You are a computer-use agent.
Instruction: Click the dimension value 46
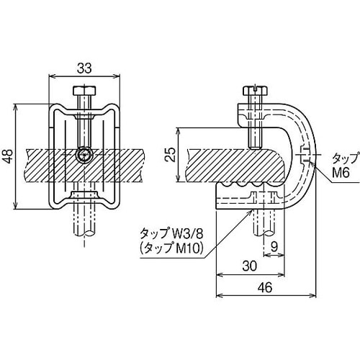click(x=266, y=286)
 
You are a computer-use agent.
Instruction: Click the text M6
click(x=340, y=173)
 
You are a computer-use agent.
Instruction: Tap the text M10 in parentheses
click(x=189, y=248)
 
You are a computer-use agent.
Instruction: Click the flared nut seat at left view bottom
click(x=85, y=197)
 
